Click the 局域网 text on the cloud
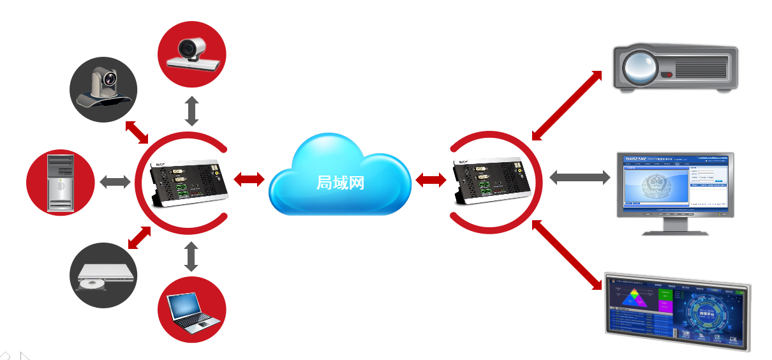point(340,183)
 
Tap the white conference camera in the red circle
point(192,54)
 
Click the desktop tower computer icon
point(59,183)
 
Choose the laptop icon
point(192,310)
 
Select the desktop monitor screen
point(676,183)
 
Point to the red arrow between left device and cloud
point(249,179)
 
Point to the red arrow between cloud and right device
point(431,180)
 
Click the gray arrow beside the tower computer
point(115,182)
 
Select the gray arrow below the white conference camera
point(191,111)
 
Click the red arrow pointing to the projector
point(567,105)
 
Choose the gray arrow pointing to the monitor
point(579,177)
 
